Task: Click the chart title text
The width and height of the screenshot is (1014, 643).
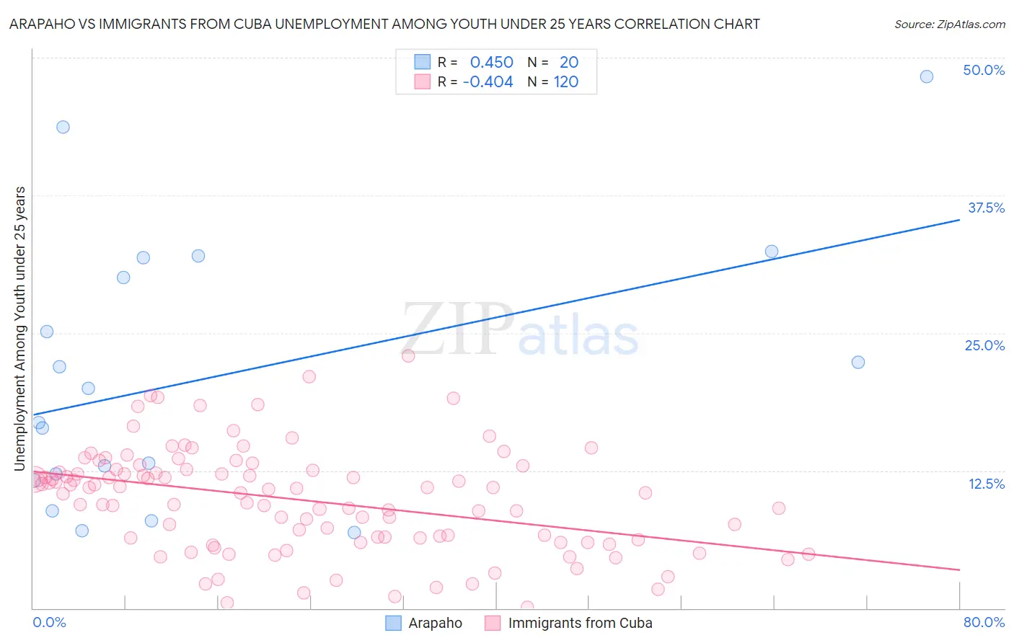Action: [x=384, y=25]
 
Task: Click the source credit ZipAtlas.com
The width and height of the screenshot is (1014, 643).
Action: [x=949, y=25]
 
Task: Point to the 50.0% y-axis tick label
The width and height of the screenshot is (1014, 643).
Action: [x=984, y=70]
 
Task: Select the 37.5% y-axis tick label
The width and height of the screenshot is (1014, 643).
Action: [x=986, y=208]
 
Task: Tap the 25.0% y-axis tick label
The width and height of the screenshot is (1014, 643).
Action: [x=984, y=345]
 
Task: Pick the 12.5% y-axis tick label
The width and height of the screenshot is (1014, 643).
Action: [x=986, y=484]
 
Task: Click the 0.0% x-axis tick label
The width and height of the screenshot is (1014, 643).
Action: [x=49, y=622]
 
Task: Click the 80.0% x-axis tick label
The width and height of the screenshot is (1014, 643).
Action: [x=984, y=622]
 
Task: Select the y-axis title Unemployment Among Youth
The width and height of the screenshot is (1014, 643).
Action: [x=20, y=329]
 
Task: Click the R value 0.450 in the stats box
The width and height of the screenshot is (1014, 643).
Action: [x=491, y=63]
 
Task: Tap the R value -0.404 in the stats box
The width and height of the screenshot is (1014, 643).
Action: [x=488, y=82]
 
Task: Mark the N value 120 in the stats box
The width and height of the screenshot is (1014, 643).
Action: [x=565, y=82]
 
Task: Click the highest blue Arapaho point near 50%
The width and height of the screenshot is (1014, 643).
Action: [x=927, y=76]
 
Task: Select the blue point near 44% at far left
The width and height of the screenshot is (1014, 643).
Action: [x=63, y=127]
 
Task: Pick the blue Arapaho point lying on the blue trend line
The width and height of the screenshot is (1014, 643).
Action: [x=772, y=252]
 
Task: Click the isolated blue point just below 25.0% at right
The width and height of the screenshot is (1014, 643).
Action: [x=858, y=362]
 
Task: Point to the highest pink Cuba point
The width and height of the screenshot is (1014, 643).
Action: [x=408, y=355]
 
